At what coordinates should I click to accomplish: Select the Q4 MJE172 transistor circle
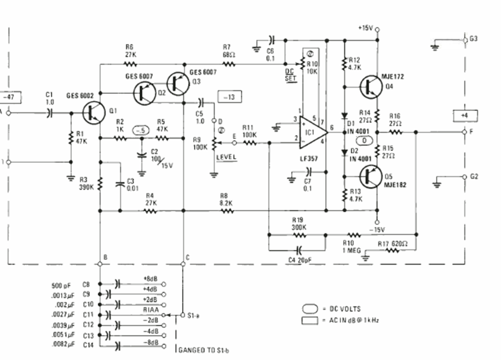tap(372, 86)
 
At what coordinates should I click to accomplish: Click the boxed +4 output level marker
tap(465, 116)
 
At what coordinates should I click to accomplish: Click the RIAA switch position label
tap(151, 310)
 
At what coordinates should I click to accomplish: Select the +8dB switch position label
tap(152, 279)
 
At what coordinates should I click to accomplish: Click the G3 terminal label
tap(473, 38)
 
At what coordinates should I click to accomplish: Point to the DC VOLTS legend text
tap(345, 309)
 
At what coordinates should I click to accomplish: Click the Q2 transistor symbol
tap(145, 92)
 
